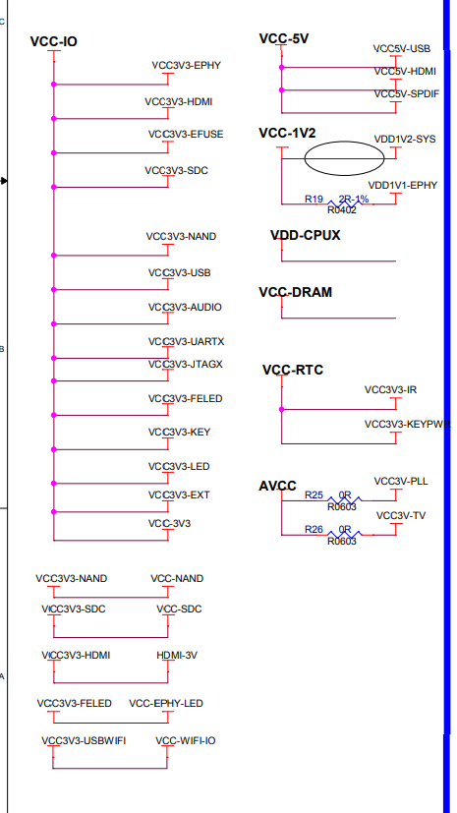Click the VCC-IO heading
53,42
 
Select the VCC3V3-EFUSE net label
185,134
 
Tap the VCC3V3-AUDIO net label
185,307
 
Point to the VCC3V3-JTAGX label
185,364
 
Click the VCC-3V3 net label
169,523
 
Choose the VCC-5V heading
284,38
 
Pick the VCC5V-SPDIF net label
404,93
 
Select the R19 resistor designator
314,200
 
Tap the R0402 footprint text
341,209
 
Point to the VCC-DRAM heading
295,292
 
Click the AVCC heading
276,486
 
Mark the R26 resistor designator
314,530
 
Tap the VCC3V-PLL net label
400,481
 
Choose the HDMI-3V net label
179,655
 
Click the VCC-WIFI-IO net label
185,739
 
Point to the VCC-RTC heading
292,370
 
